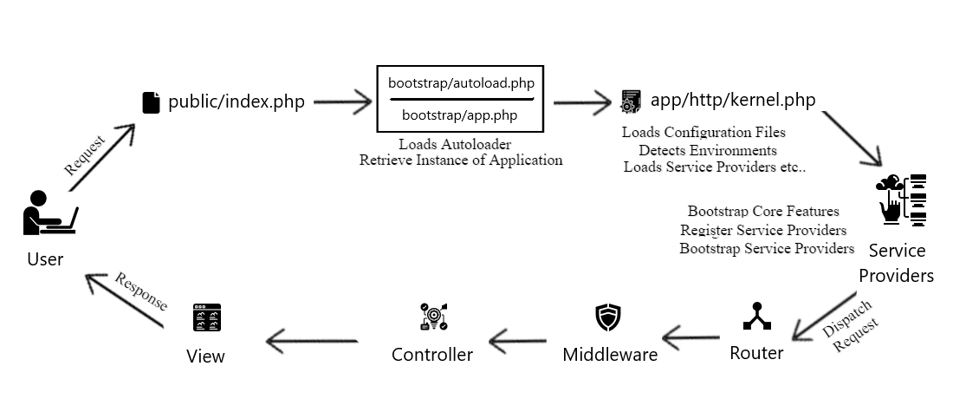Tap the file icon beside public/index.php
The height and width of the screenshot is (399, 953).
pos(151,102)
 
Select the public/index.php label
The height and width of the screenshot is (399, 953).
pos(237,102)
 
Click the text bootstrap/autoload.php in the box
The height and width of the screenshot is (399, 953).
pos(461,83)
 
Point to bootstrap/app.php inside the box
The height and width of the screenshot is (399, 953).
pos(459,114)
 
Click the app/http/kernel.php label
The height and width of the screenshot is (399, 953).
pos(733,100)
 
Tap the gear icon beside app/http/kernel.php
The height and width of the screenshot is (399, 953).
pos(631,101)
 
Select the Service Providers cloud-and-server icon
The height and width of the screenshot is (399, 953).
pos(900,199)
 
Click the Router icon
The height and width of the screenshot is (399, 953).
pos(756,317)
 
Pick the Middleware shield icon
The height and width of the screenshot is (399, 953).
pos(609,317)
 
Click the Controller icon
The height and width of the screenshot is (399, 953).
pos(431,317)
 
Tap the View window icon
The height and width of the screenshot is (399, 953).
pos(206,318)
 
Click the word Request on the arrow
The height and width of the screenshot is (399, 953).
pos(85,155)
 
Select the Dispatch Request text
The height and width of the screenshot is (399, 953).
pos(852,327)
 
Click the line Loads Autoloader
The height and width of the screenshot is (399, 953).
pos(455,144)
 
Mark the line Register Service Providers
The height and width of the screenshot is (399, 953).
pos(763,230)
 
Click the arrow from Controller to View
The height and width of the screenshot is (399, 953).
pos(312,340)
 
